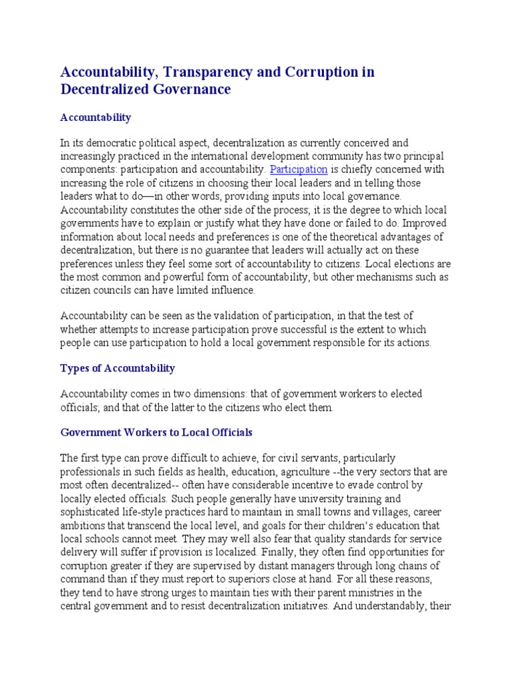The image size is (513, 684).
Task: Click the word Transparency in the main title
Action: [211, 71]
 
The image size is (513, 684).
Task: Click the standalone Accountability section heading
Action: [96, 118]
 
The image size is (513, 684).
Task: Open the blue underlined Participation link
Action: [299, 170]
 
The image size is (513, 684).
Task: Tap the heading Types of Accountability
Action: [118, 368]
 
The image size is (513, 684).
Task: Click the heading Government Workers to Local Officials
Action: [156, 432]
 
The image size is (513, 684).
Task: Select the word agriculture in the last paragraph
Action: [285, 472]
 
